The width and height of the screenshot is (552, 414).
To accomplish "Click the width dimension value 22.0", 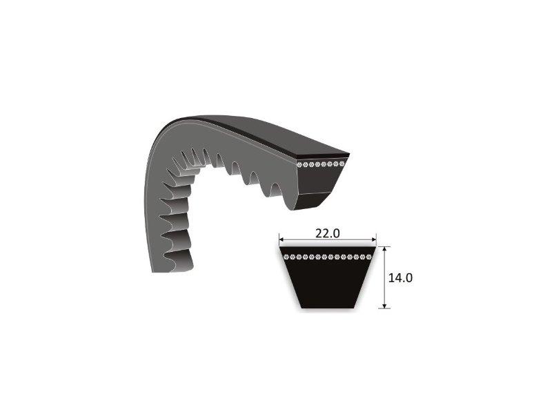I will (x=328, y=233).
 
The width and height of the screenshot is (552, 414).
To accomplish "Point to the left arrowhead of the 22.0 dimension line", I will (x=281, y=242).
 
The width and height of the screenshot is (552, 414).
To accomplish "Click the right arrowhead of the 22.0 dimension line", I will (x=375, y=242).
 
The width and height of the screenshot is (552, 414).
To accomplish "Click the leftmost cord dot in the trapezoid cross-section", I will (x=286, y=257).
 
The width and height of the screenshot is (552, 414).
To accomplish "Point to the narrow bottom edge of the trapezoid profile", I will (x=328, y=307).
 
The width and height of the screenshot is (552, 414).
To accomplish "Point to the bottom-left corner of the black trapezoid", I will (x=298, y=307).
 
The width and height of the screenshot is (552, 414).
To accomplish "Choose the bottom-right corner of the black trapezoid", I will (x=357, y=307).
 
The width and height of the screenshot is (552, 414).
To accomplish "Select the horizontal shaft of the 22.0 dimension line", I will (x=304, y=242).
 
